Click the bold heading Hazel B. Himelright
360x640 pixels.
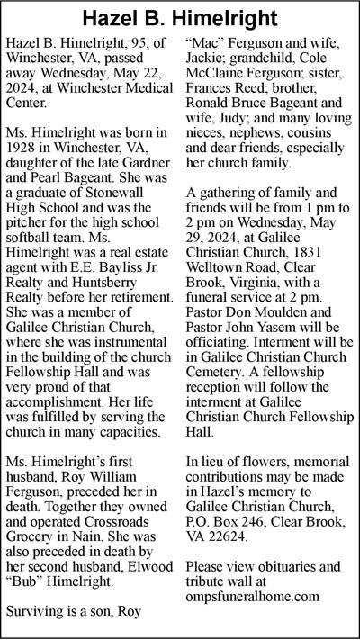click(180, 18)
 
